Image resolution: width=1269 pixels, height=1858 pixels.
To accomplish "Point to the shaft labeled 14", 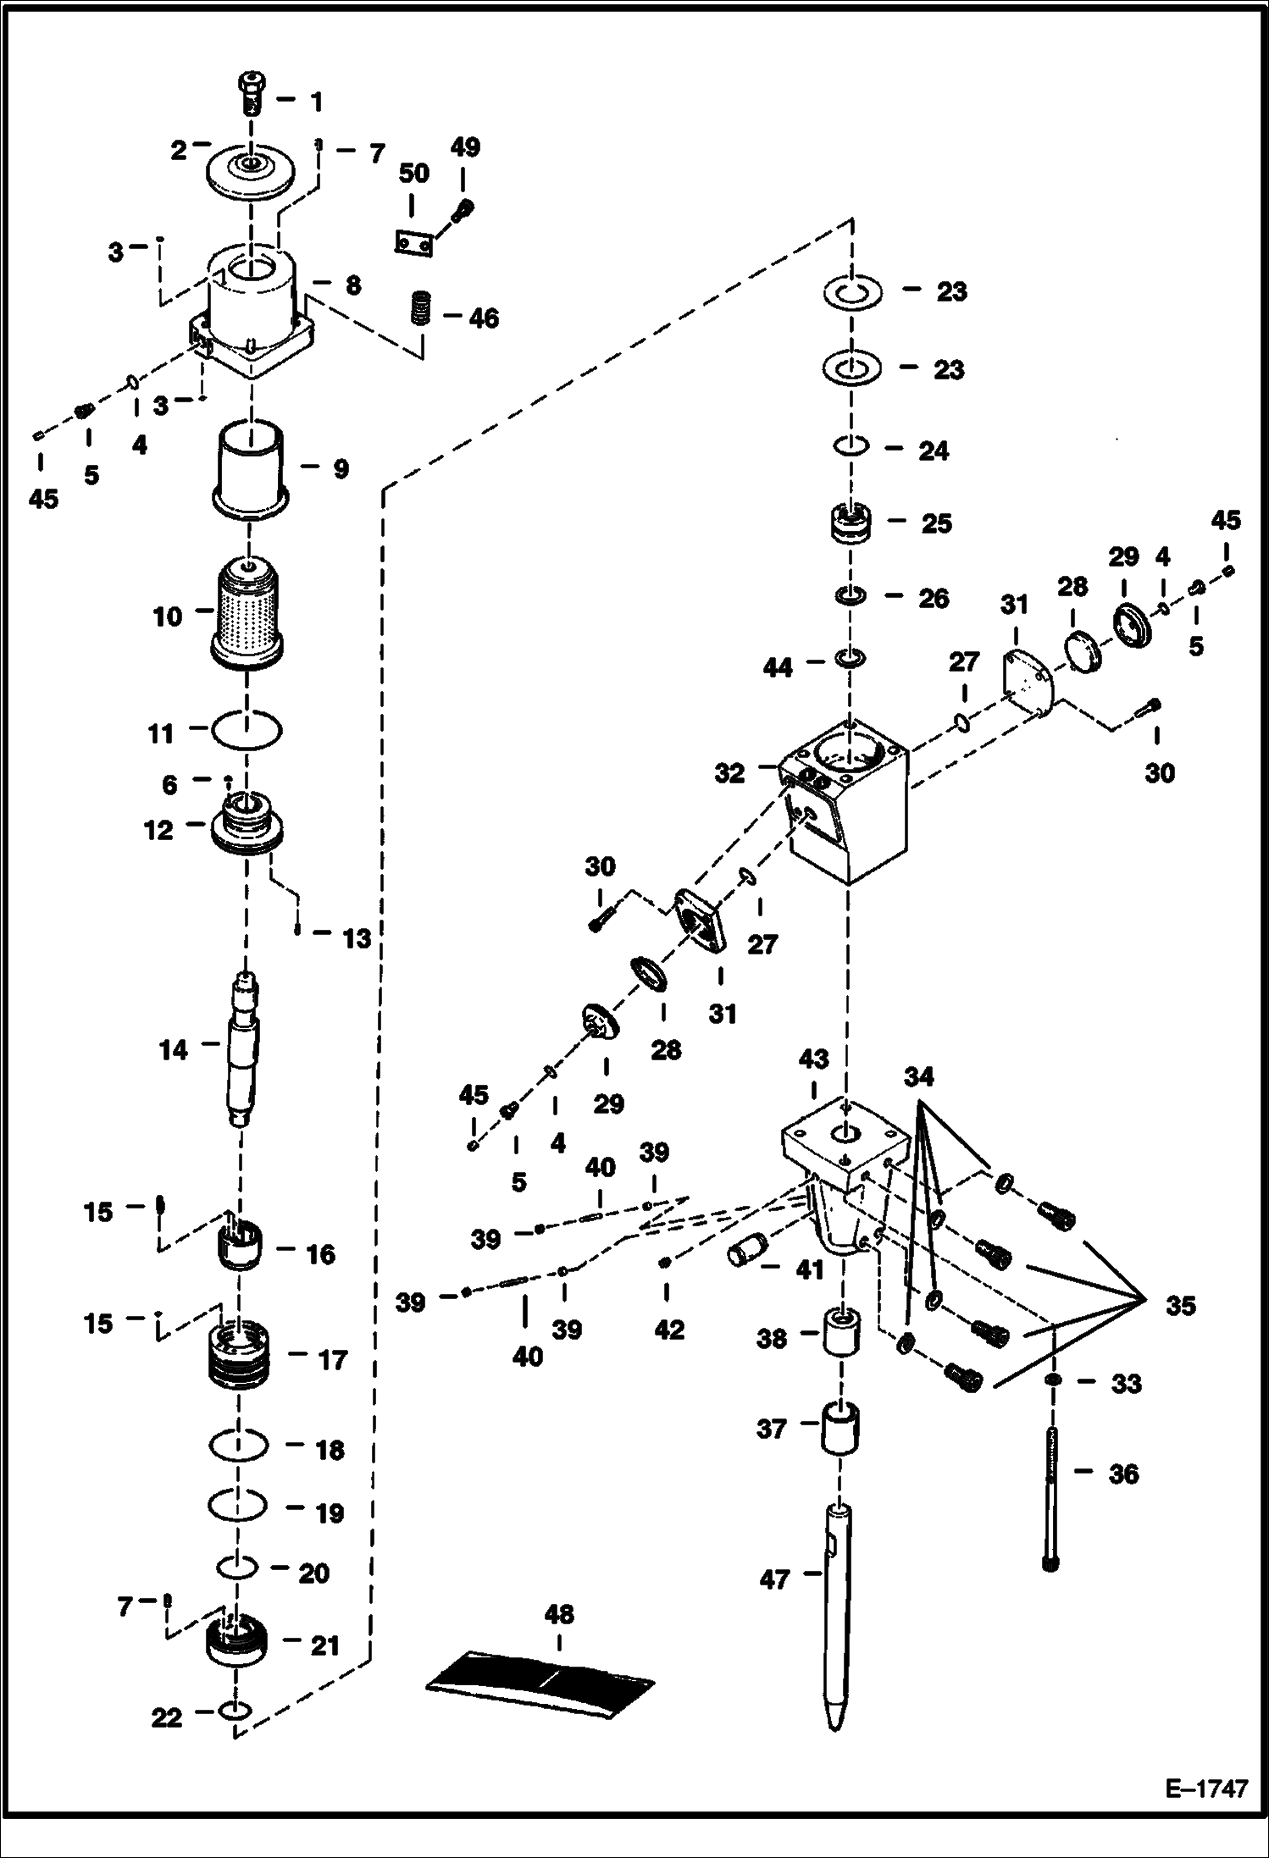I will [x=245, y=1050].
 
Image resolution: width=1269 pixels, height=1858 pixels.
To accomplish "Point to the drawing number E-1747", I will [x=1206, y=1789].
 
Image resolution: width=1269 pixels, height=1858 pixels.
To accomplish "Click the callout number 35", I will [x=1180, y=1305].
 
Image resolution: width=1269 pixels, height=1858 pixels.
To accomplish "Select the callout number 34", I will [x=918, y=1077].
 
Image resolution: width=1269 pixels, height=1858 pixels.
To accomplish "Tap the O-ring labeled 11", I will [x=247, y=730].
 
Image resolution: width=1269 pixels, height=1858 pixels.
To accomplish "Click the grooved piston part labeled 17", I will [x=240, y=1354].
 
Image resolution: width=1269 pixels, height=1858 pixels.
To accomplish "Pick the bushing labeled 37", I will [x=840, y=1429].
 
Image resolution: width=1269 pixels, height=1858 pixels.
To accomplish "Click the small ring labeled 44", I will [x=850, y=658].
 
